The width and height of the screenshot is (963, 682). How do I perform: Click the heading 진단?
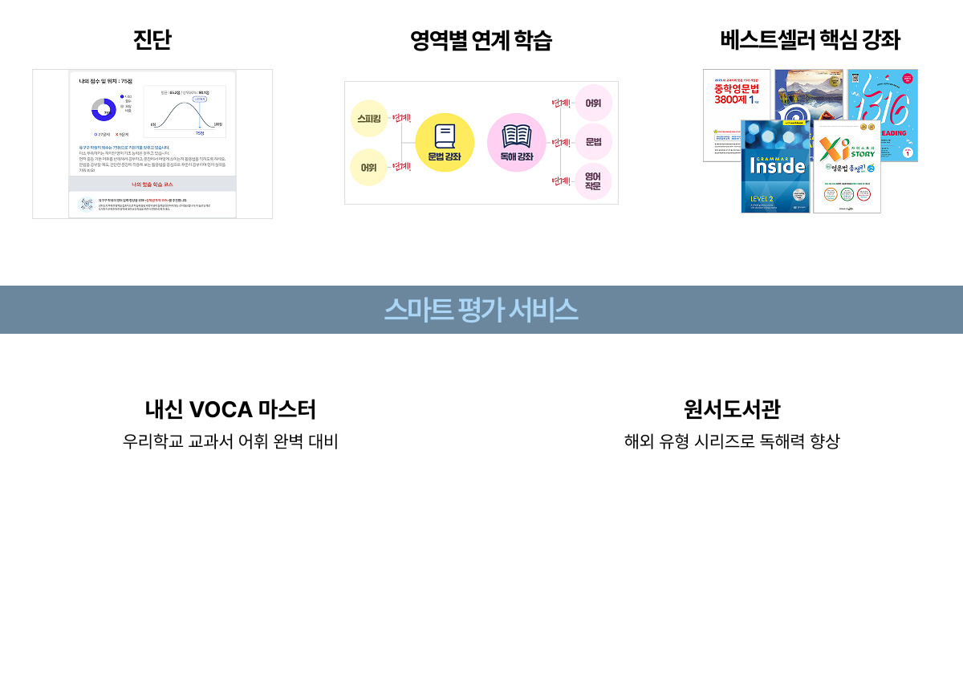pyautogui.click(x=152, y=40)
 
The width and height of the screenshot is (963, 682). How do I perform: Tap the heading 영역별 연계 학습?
pyautogui.click(x=481, y=40)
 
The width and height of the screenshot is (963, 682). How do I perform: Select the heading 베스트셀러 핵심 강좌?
pyautogui.click(x=811, y=40)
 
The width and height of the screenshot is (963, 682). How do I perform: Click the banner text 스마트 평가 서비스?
pyautogui.click(x=481, y=310)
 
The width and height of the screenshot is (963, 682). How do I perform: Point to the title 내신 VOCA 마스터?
pyautogui.click(x=230, y=410)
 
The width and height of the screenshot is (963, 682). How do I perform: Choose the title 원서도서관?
pyautogui.click(x=732, y=410)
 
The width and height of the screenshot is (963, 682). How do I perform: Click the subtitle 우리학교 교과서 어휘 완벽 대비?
pyautogui.click(x=230, y=441)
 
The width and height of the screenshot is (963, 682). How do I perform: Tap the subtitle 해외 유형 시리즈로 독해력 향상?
pyautogui.click(x=732, y=441)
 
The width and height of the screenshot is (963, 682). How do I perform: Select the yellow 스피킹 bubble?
pyautogui.click(x=369, y=119)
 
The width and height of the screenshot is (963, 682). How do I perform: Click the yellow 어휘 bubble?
pyautogui.click(x=369, y=168)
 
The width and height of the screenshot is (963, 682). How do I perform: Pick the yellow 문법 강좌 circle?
pyautogui.click(x=445, y=143)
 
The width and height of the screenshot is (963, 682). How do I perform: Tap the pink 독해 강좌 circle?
pyautogui.click(x=516, y=143)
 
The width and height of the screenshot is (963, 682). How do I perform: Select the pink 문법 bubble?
pyautogui.click(x=594, y=142)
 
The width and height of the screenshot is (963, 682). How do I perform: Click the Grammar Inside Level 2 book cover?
pyautogui.click(x=775, y=168)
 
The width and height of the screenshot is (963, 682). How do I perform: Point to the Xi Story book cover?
pyautogui.click(x=847, y=168)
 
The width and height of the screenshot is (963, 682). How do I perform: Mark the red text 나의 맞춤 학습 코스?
pyautogui.click(x=152, y=185)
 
